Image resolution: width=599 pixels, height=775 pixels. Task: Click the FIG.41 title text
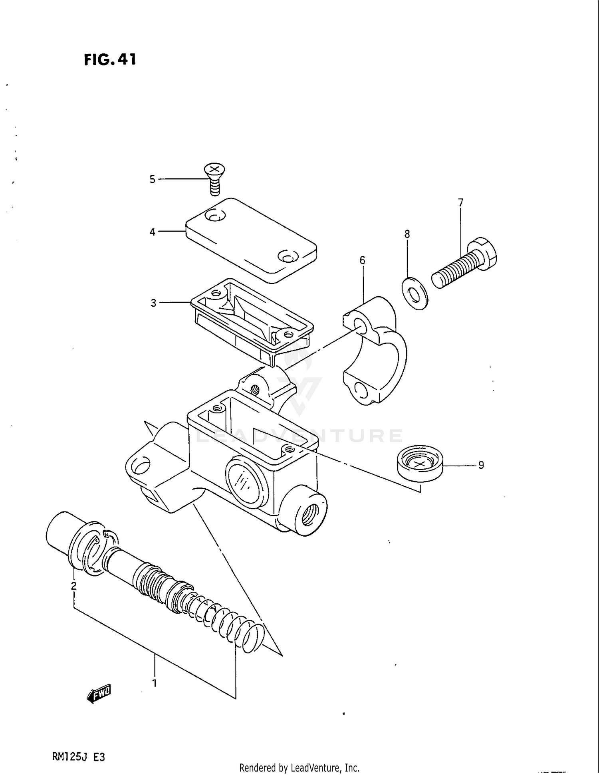[x=110, y=59]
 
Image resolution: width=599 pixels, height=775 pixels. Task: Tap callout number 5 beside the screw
[x=152, y=179]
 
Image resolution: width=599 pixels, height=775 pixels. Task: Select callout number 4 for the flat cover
[x=152, y=232]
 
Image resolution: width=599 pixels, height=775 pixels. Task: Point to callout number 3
[x=153, y=303]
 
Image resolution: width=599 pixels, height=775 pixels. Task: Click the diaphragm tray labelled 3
[x=252, y=319]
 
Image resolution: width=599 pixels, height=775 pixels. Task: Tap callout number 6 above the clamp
[x=362, y=260]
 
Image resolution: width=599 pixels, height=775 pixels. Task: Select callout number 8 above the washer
[x=407, y=234]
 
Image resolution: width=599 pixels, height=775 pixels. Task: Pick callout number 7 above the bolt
[x=461, y=202]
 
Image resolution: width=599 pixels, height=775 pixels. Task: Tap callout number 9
[x=481, y=465]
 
